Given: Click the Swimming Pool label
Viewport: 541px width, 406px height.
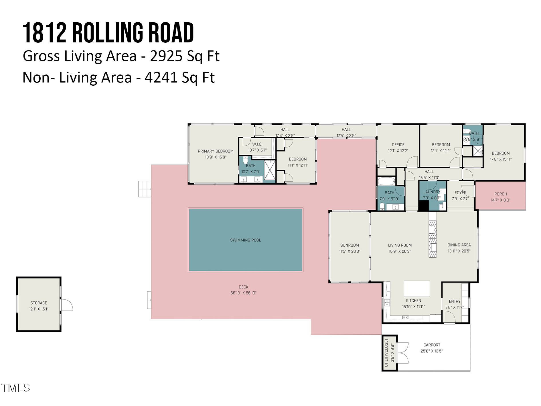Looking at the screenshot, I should click(x=245, y=240).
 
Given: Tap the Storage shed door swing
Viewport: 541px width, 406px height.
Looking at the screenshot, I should click(x=67, y=305).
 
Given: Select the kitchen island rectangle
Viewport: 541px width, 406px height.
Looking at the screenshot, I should click(x=416, y=289).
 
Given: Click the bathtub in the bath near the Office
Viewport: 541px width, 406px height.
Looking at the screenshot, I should click(x=386, y=181).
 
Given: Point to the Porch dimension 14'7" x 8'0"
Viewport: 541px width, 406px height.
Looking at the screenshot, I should click(x=500, y=200).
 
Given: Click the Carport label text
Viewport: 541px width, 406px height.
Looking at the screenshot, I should click(x=432, y=345).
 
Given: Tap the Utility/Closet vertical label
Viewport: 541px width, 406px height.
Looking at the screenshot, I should click(x=386, y=353).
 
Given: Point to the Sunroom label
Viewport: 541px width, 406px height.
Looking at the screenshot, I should click(x=349, y=245).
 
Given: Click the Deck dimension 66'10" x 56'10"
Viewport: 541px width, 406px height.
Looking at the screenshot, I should click(x=243, y=293).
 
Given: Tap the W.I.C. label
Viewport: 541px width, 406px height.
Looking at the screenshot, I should click(x=257, y=144).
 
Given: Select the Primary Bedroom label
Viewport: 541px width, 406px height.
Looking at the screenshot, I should click(x=215, y=151).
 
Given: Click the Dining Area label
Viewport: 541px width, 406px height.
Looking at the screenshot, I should click(x=459, y=245).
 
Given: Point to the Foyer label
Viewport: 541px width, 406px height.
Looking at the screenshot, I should click(x=460, y=193).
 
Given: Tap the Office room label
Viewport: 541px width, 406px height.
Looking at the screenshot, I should click(x=398, y=145).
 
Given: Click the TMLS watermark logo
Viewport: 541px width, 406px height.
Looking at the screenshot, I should click(x=16, y=388).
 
